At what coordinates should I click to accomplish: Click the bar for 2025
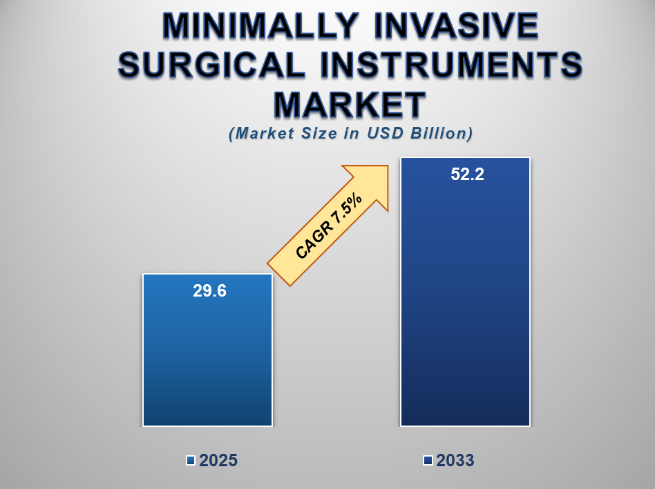(x=207, y=359)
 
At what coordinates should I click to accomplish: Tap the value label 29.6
(x=209, y=291)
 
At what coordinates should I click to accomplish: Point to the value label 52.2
(x=467, y=174)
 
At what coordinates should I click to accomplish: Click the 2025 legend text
(x=218, y=461)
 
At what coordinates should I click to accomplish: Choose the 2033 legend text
(x=455, y=461)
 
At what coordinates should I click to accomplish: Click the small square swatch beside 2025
(x=191, y=461)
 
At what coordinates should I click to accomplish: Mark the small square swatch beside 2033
(x=428, y=461)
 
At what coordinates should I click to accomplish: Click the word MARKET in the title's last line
(x=350, y=105)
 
